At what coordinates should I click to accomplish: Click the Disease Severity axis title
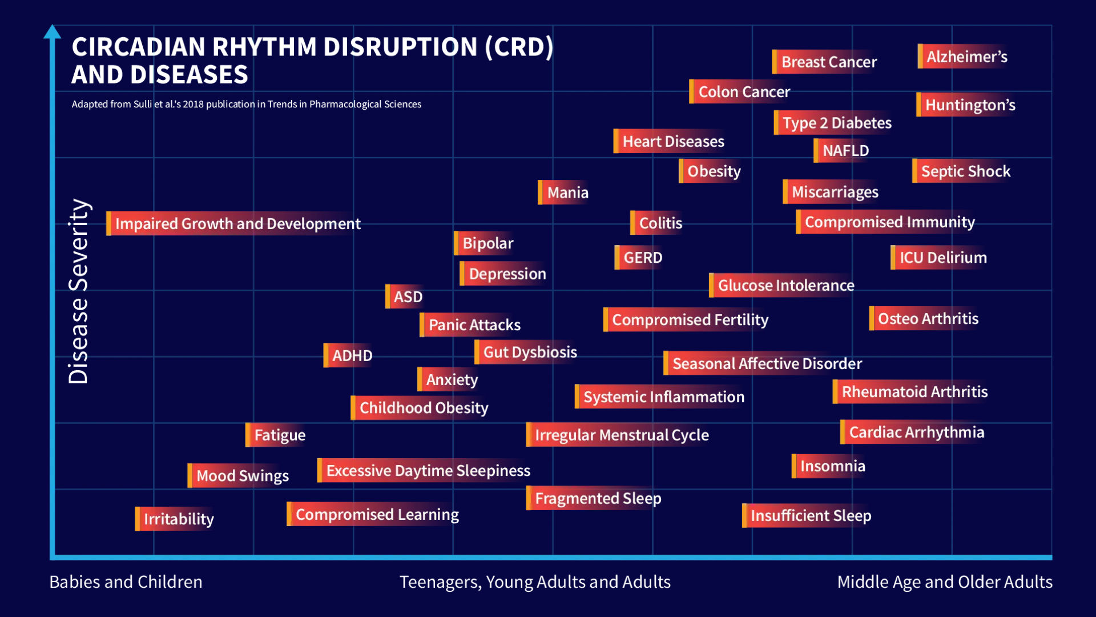coord(78,291)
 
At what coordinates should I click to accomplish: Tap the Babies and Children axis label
coord(126,582)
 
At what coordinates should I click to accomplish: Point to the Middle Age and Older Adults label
coord(944,582)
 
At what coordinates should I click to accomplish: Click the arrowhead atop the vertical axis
coord(53,31)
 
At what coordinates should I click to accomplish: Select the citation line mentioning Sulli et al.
coord(246,104)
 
